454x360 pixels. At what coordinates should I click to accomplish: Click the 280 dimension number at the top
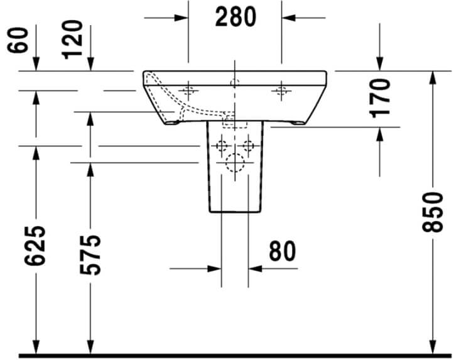point(235,18)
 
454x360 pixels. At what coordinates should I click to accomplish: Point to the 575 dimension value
point(92,254)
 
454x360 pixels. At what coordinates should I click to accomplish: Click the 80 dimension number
point(283,251)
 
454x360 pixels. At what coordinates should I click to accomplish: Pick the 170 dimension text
point(381,97)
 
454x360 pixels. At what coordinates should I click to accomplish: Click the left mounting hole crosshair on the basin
point(188,92)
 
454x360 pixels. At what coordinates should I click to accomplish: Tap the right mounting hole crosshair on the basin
point(281,92)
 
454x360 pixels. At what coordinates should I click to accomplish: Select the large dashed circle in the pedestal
point(235,163)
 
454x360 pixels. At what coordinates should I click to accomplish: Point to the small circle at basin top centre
point(235,83)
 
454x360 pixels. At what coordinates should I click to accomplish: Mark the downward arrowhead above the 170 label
point(380,63)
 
